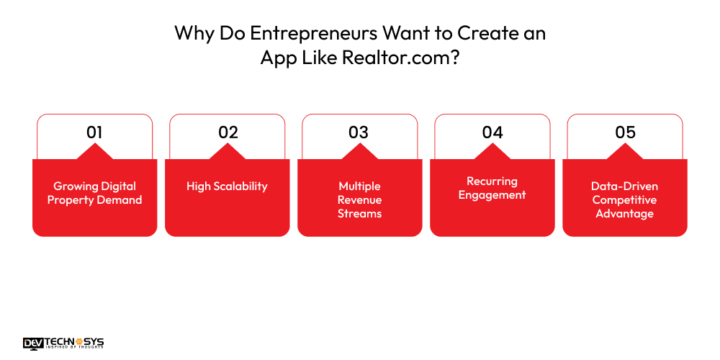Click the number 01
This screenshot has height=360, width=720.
[x=94, y=132]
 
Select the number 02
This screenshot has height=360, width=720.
[x=228, y=132]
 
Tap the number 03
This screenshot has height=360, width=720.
[x=359, y=132]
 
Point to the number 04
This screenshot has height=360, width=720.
[x=492, y=132]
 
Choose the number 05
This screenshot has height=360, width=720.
[x=625, y=132]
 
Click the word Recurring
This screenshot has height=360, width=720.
[x=492, y=181]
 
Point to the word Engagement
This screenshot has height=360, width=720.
[x=492, y=195]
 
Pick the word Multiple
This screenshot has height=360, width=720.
[x=360, y=186]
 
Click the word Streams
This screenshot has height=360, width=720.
[x=360, y=214]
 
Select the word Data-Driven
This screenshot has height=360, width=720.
[x=625, y=186]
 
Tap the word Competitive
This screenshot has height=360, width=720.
[x=625, y=200]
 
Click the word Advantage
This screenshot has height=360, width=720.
[x=625, y=214]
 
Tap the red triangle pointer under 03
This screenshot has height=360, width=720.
[x=359, y=152]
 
